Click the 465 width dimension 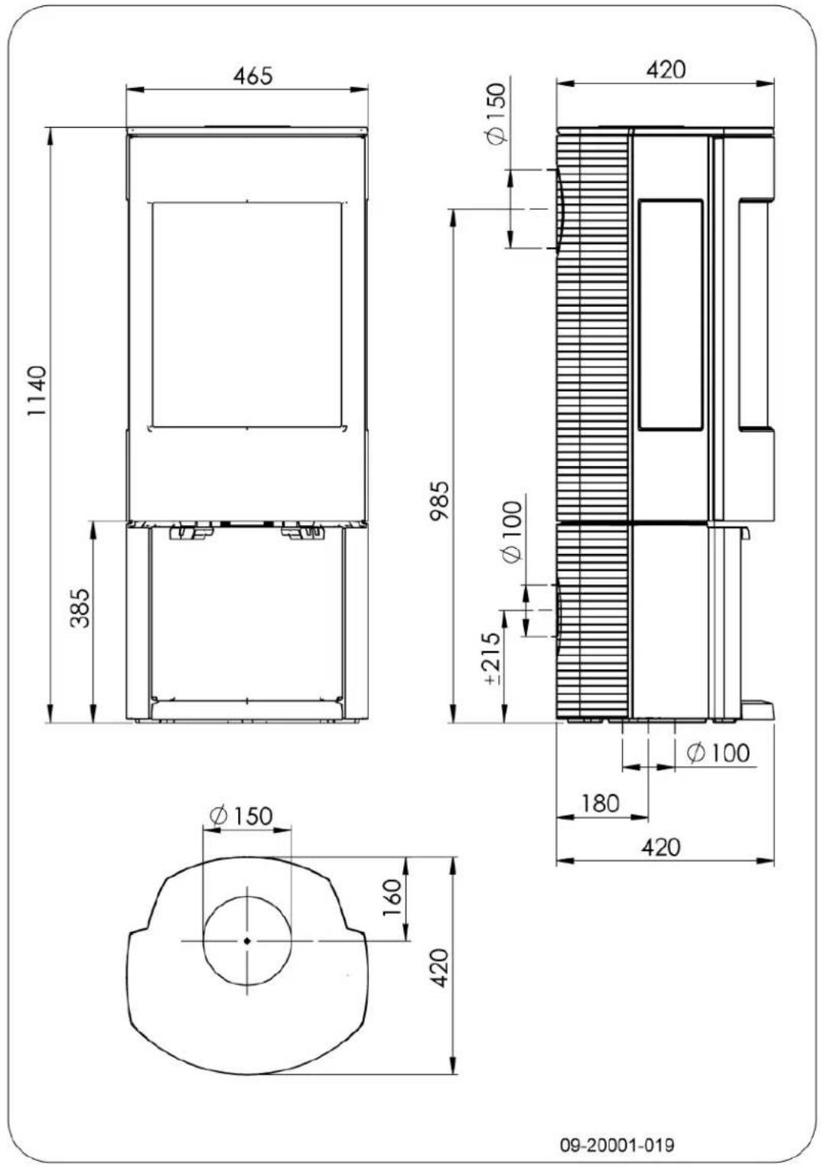[x=252, y=76]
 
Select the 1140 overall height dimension [x=37, y=391]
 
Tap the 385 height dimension [x=81, y=608]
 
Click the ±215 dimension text [x=490, y=657]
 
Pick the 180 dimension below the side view [x=599, y=803]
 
